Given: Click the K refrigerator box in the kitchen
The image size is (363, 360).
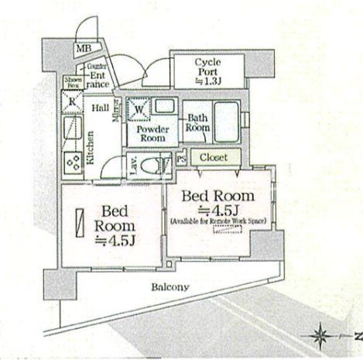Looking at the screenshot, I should point(70,101).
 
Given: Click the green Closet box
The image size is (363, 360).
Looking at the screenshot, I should point(213,158).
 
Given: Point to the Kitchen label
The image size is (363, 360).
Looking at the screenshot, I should point(91,148).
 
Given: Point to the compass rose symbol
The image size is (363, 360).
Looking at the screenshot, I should point(323,334).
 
